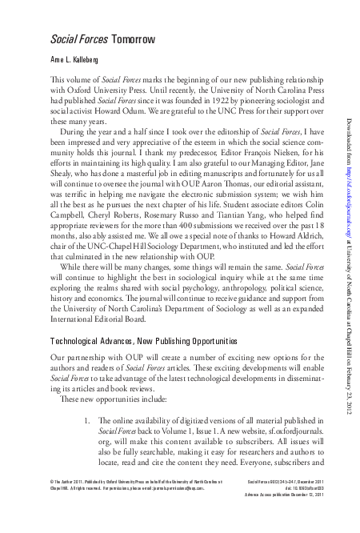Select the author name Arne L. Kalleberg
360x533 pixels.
(x=80, y=60)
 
